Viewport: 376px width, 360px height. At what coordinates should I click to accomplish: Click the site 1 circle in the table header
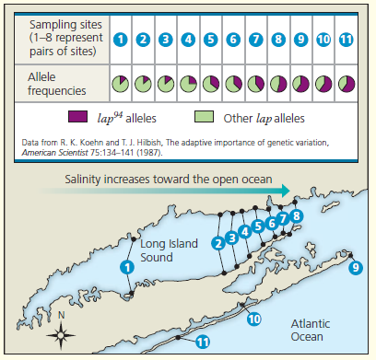120,40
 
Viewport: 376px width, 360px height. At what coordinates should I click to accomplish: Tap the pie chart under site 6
233,85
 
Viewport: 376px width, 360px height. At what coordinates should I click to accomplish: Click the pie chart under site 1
120,85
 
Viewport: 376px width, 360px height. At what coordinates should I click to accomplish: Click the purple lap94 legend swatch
78,118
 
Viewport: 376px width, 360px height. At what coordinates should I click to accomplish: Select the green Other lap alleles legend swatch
205,118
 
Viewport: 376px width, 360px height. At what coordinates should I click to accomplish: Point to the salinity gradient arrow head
288,192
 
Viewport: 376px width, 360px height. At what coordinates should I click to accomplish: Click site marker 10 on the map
254,319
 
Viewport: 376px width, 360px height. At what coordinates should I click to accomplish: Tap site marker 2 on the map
217,243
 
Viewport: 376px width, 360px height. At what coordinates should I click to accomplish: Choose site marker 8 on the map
296,215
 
